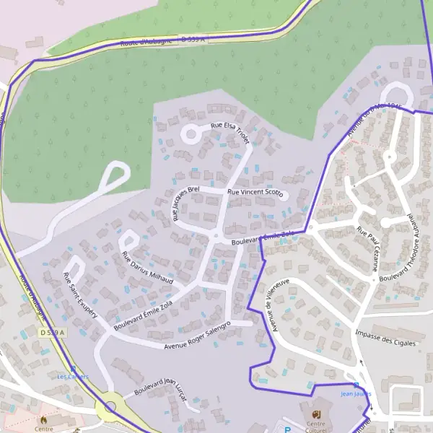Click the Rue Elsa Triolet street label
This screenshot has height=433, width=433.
tap(230, 134)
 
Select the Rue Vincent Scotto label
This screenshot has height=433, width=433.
tap(255, 193)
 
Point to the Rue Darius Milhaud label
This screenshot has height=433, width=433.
tap(148, 267)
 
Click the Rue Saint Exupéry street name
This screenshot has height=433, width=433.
tap(80, 296)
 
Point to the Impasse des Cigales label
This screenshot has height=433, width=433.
tap(386, 337)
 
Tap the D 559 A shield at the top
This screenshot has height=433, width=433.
tap(193, 40)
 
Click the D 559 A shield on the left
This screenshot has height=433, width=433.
tap(52, 332)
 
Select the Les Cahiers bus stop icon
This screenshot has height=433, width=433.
tap(72, 367)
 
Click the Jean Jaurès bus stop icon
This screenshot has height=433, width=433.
tap(355, 385)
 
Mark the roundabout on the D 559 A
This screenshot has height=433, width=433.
tap(110, 407)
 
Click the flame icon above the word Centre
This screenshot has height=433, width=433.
tap(43, 419)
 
